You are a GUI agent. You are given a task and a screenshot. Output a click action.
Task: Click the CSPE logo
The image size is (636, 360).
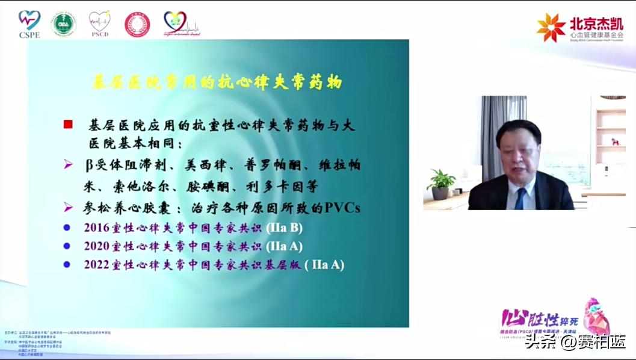click(29, 24)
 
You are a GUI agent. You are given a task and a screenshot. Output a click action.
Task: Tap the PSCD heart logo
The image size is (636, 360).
click(99, 24)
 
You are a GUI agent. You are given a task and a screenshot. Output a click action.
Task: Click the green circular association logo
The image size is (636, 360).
click(64, 24)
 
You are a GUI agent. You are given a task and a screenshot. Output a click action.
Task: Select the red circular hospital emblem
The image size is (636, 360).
click(137, 24)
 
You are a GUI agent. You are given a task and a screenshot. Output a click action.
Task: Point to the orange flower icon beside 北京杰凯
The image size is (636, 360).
click(551, 28)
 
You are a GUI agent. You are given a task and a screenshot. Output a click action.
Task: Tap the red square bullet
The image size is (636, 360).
click(68, 125)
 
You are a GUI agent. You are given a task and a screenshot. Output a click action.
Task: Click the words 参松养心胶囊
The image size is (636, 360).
click(129, 208)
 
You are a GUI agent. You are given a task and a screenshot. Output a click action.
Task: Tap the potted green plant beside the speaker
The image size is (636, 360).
click(441, 183)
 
